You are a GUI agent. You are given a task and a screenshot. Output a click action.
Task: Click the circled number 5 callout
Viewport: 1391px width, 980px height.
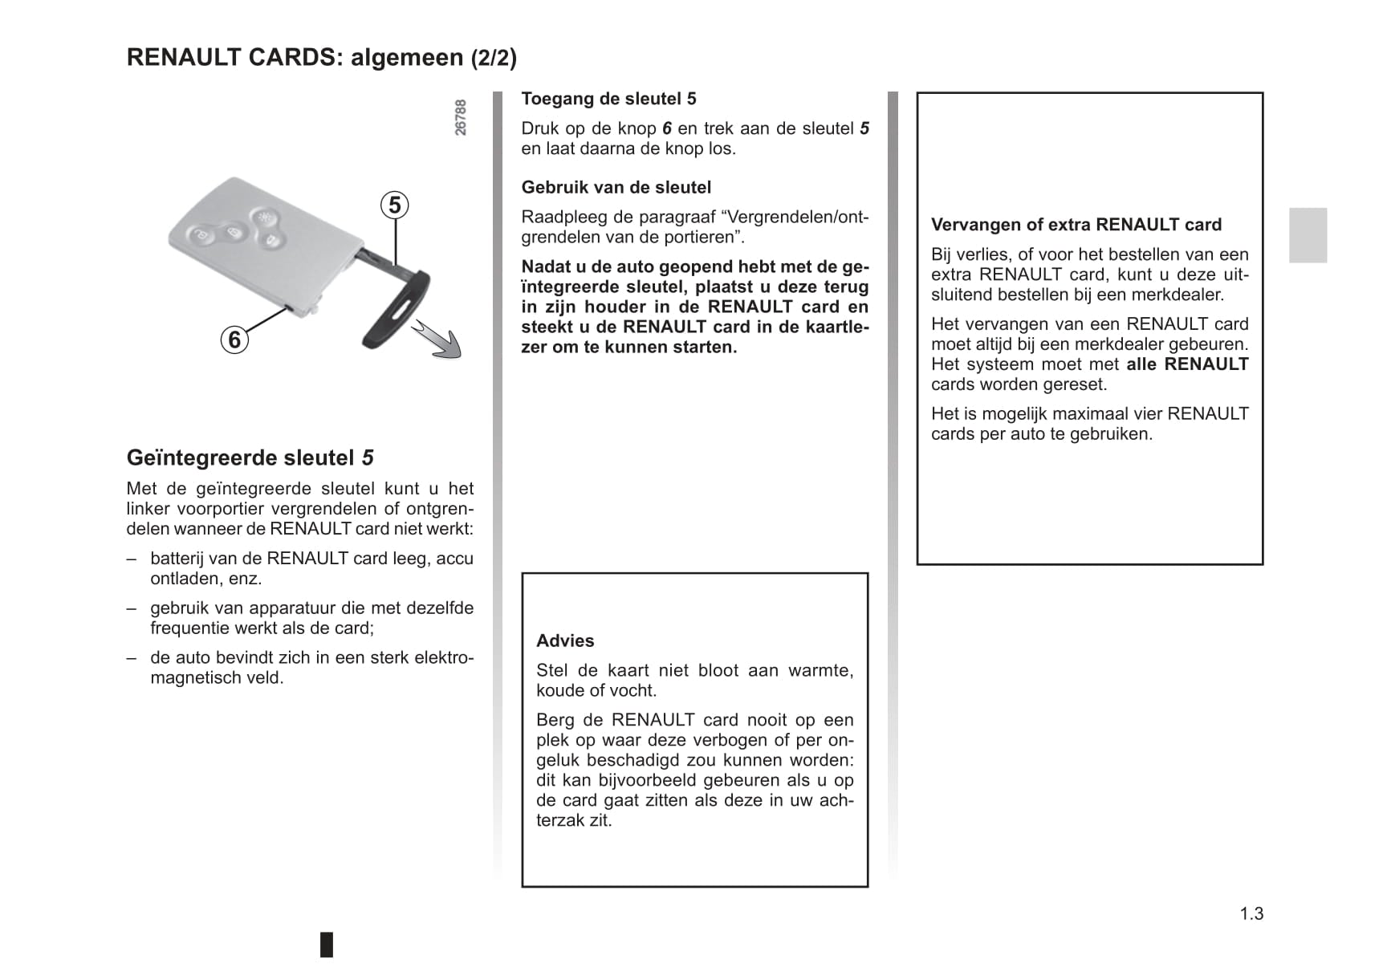[x=394, y=205]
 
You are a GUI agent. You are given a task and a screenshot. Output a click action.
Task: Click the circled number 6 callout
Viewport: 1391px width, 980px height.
[x=234, y=340]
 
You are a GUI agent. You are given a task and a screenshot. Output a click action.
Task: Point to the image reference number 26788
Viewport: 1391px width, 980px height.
[x=461, y=117]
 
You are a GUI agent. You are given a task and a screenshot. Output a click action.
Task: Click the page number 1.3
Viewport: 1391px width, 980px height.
[x=1251, y=913]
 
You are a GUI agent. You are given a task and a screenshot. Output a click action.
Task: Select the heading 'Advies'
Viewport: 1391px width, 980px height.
[x=565, y=640]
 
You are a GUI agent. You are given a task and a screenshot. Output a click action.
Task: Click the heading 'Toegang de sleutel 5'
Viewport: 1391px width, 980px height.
[x=608, y=99]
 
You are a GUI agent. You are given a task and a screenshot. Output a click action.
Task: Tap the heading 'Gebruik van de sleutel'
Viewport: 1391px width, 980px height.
[x=616, y=187]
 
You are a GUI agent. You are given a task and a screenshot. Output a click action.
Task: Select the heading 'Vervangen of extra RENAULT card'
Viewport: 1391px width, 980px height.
[x=1076, y=225]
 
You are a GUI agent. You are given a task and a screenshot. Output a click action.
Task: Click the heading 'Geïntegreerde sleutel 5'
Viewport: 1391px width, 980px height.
[x=250, y=457]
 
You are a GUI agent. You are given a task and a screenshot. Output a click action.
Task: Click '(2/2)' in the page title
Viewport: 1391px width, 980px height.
[x=494, y=58]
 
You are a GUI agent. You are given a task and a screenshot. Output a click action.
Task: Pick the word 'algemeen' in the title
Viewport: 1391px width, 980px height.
[x=407, y=58]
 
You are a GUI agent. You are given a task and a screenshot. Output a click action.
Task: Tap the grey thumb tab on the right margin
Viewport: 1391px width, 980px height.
[x=1308, y=235]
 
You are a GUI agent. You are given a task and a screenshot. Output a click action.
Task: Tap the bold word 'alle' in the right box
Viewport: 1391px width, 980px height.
[x=1141, y=364]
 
